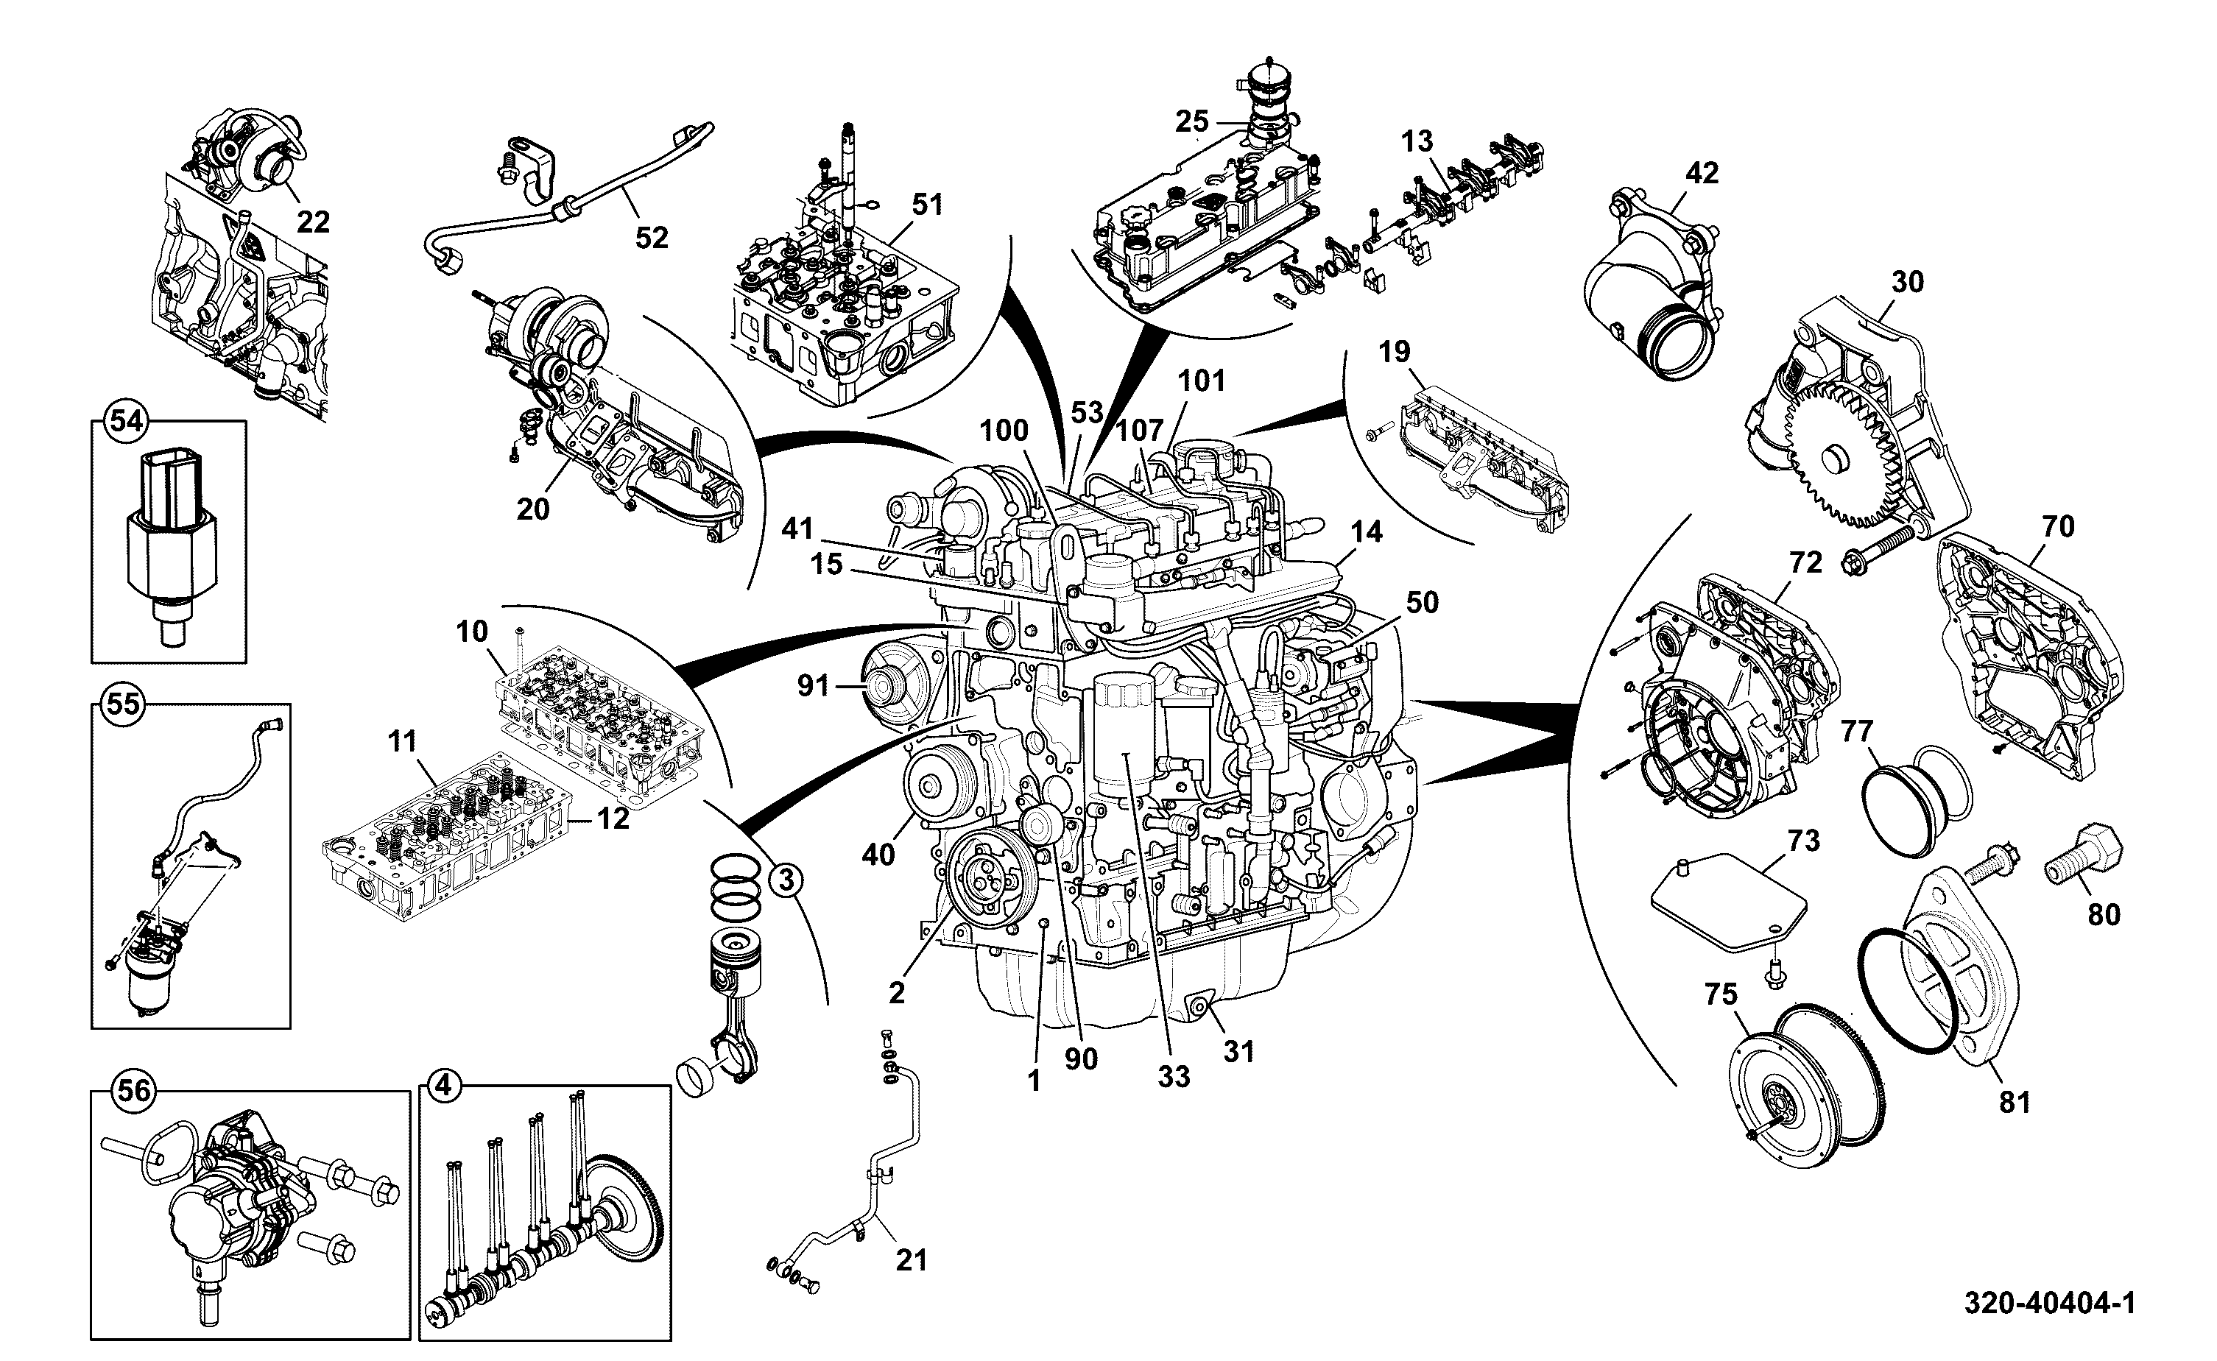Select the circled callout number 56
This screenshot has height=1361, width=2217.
click(133, 1091)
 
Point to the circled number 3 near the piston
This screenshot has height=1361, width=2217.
click(786, 880)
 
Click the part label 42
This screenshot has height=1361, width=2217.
click(1702, 172)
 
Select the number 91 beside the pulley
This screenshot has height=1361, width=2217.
click(813, 686)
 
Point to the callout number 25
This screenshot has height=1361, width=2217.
click(1192, 120)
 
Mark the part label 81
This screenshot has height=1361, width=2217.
click(2015, 1102)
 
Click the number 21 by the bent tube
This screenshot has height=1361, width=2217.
click(910, 1260)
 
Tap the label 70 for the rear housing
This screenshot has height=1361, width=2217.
click(2058, 526)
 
